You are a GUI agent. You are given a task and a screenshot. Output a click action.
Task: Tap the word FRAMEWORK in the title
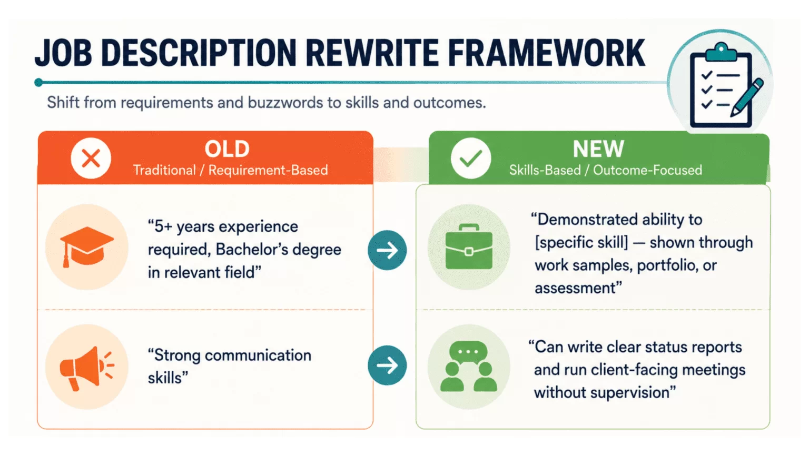[x=546, y=53]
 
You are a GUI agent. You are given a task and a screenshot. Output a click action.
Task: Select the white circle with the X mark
[x=91, y=158]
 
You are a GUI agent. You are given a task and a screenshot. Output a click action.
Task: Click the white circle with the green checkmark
[x=470, y=158]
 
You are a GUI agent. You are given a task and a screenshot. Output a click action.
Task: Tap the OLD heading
[x=227, y=149]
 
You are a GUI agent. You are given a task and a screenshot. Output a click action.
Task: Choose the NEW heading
[x=598, y=149]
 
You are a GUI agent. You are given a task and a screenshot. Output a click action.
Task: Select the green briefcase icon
[x=469, y=246]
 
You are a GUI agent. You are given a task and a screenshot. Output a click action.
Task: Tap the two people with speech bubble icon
[x=469, y=366]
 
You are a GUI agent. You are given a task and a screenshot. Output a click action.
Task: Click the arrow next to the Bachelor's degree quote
[x=387, y=250]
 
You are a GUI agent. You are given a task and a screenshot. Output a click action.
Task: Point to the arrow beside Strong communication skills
[x=387, y=365]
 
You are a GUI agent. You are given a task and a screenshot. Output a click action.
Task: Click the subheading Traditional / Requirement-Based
[x=230, y=170]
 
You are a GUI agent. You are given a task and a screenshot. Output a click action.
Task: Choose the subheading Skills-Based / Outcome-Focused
[x=606, y=170]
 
